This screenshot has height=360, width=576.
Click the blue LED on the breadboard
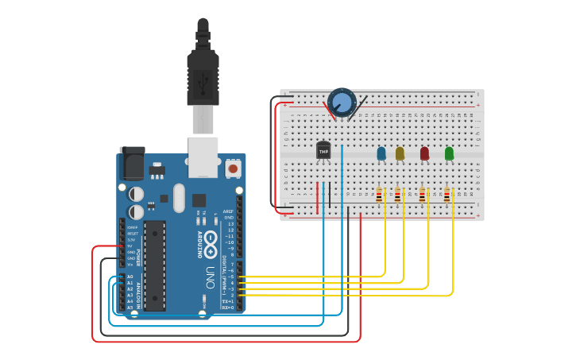pos(381,153)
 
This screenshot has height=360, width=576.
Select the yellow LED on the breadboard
pos(400,153)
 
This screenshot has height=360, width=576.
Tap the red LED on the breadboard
pos(424,153)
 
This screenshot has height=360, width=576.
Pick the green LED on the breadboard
pos(449,153)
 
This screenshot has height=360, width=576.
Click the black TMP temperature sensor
pos(323,149)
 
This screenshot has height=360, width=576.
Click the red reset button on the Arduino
pos(233,168)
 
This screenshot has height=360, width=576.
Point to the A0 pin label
pos(130,277)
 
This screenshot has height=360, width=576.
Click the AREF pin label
pos(229,211)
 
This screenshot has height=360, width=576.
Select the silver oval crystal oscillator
pos(178,198)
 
